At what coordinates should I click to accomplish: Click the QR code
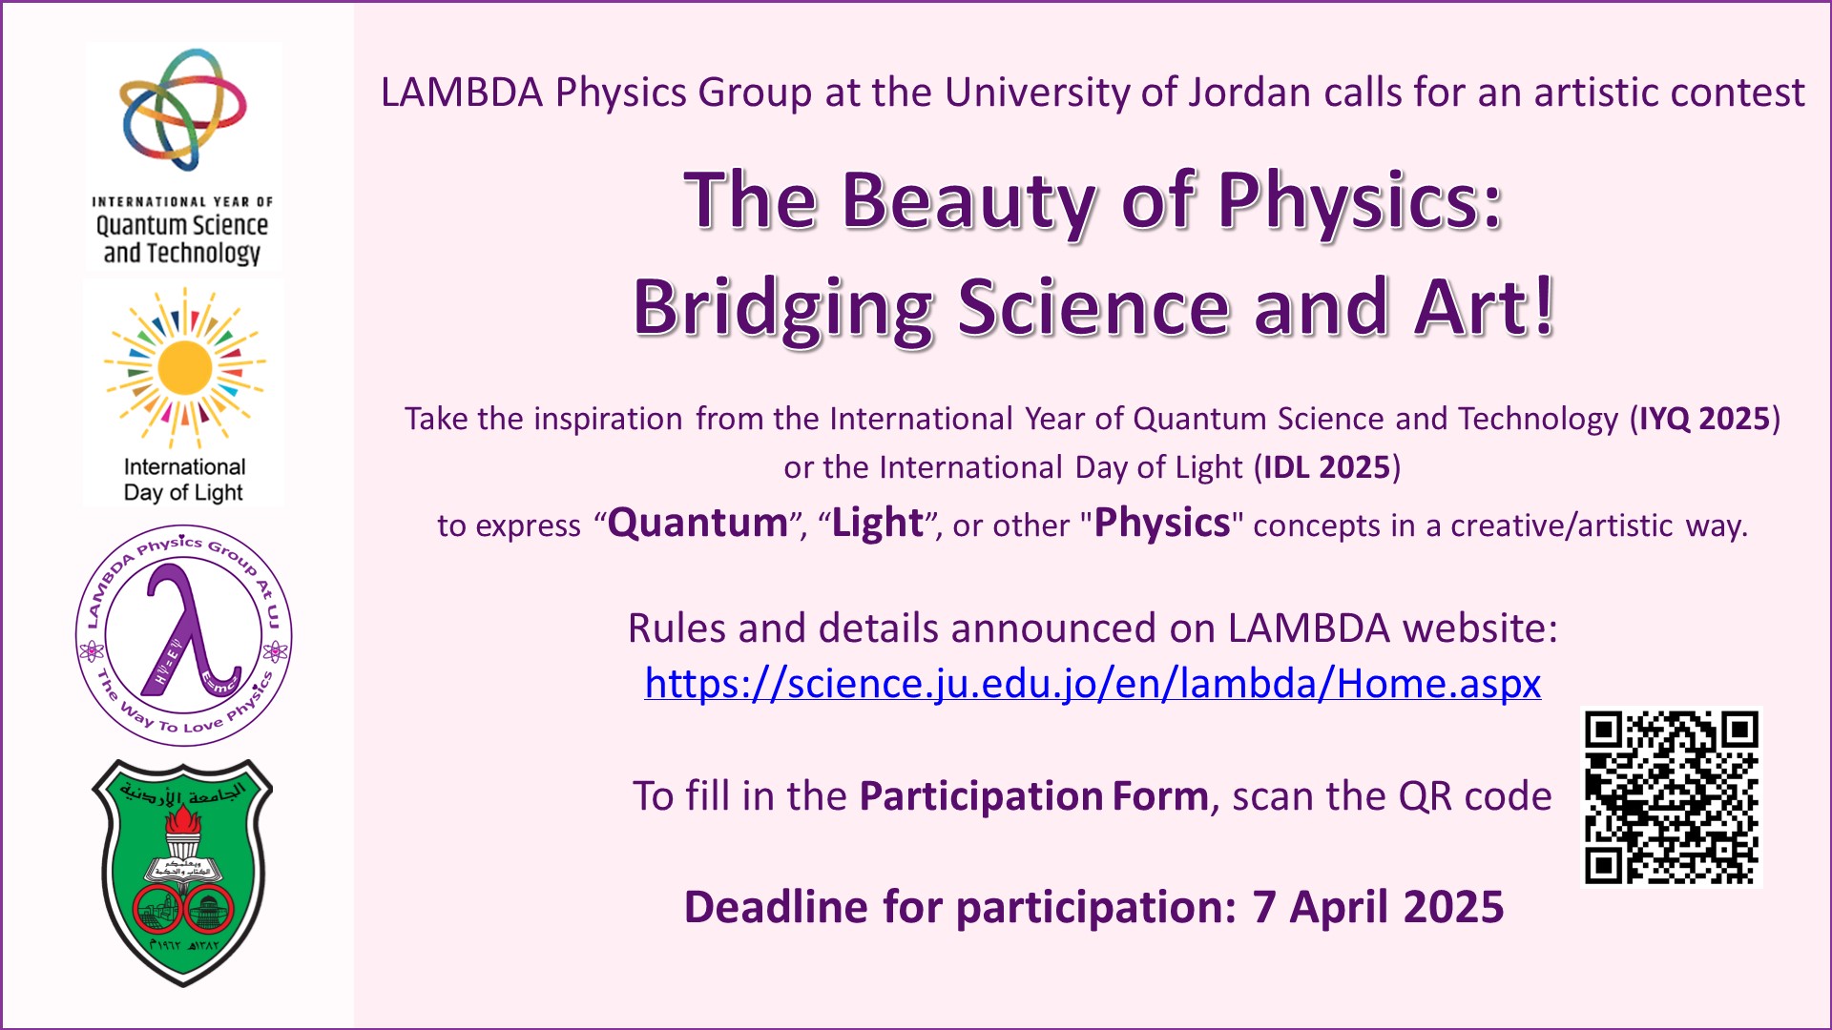(x=1671, y=797)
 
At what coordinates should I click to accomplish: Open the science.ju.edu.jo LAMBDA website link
(x=1093, y=684)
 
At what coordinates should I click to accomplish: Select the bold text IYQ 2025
(x=1704, y=419)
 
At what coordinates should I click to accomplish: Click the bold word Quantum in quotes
(x=697, y=524)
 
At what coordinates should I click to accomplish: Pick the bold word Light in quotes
(x=878, y=524)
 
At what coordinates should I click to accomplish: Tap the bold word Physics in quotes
(x=1162, y=524)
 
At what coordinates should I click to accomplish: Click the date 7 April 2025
(x=1378, y=907)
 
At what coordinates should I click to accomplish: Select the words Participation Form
(x=1034, y=796)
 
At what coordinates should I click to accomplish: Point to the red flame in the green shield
(x=183, y=820)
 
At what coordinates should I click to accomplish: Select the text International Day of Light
(x=184, y=480)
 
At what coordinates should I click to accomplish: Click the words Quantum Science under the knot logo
(x=181, y=226)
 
